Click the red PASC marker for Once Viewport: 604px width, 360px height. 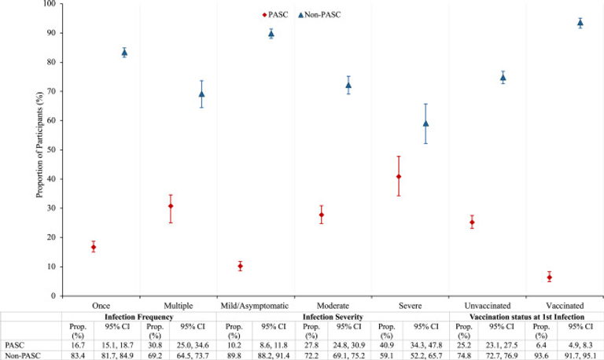click(x=94, y=247)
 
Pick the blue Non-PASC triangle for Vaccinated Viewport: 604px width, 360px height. click(x=580, y=23)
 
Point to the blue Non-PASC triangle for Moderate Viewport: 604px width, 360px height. click(x=348, y=85)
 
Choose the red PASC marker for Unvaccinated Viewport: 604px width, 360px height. click(x=472, y=222)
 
